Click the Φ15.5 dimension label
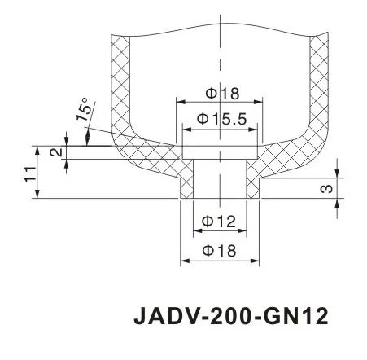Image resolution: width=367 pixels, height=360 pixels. pyautogui.click(x=220, y=119)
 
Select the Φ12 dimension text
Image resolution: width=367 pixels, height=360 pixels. pyautogui.click(x=218, y=221)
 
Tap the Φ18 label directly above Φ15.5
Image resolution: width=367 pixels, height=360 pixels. pyautogui.click(x=218, y=92)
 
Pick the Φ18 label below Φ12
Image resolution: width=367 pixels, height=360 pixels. pyautogui.click(x=218, y=251)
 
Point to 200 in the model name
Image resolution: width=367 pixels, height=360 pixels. pyautogui.click(x=229, y=314)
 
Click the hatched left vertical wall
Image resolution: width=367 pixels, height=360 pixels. pyautogui.click(x=118, y=81)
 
